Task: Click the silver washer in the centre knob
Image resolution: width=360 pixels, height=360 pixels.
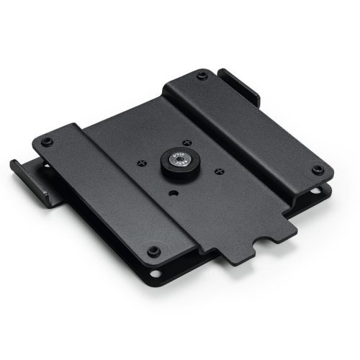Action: point(176,161)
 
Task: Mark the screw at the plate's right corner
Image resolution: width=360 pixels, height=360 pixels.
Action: point(317,170)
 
